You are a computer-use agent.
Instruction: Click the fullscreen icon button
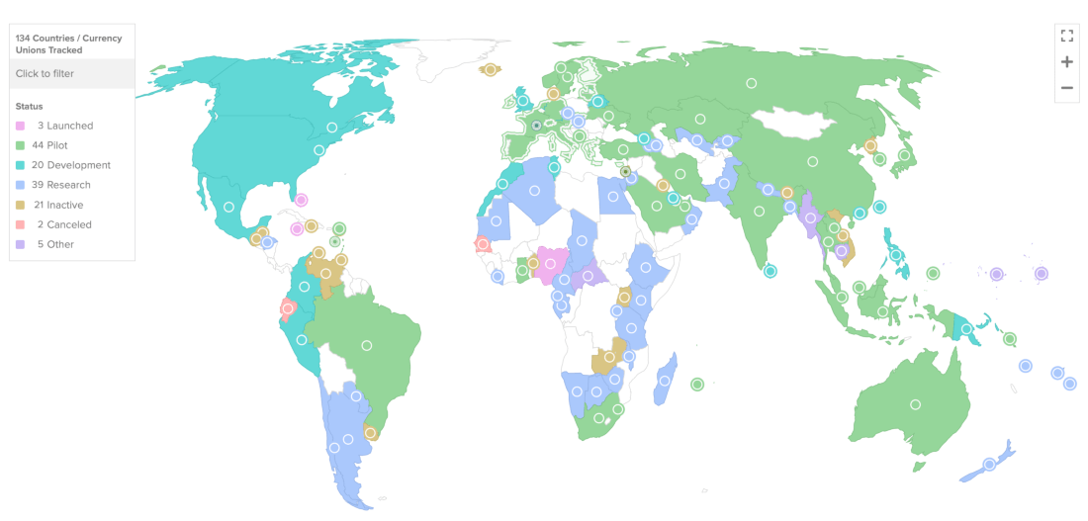(x=1066, y=36)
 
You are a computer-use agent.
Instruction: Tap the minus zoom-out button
(x=1066, y=88)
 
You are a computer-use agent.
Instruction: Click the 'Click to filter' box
(x=71, y=73)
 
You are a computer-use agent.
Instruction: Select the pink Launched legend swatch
(x=21, y=126)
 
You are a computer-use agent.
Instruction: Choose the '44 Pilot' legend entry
(x=63, y=145)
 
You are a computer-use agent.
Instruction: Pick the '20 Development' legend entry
(x=69, y=165)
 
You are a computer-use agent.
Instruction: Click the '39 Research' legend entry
(x=63, y=185)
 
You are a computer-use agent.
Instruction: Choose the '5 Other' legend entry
(x=55, y=244)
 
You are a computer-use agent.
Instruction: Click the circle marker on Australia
(x=915, y=404)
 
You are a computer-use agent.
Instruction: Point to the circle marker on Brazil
(x=367, y=345)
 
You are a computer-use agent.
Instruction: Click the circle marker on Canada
(x=332, y=127)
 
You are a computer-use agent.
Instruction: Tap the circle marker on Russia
(x=752, y=84)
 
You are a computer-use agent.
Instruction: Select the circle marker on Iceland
(x=490, y=69)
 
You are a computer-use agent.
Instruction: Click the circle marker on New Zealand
(x=989, y=465)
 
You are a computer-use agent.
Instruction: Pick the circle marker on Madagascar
(x=666, y=379)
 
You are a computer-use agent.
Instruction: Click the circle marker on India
(x=758, y=210)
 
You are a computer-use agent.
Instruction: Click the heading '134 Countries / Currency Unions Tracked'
(x=69, y=43)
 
